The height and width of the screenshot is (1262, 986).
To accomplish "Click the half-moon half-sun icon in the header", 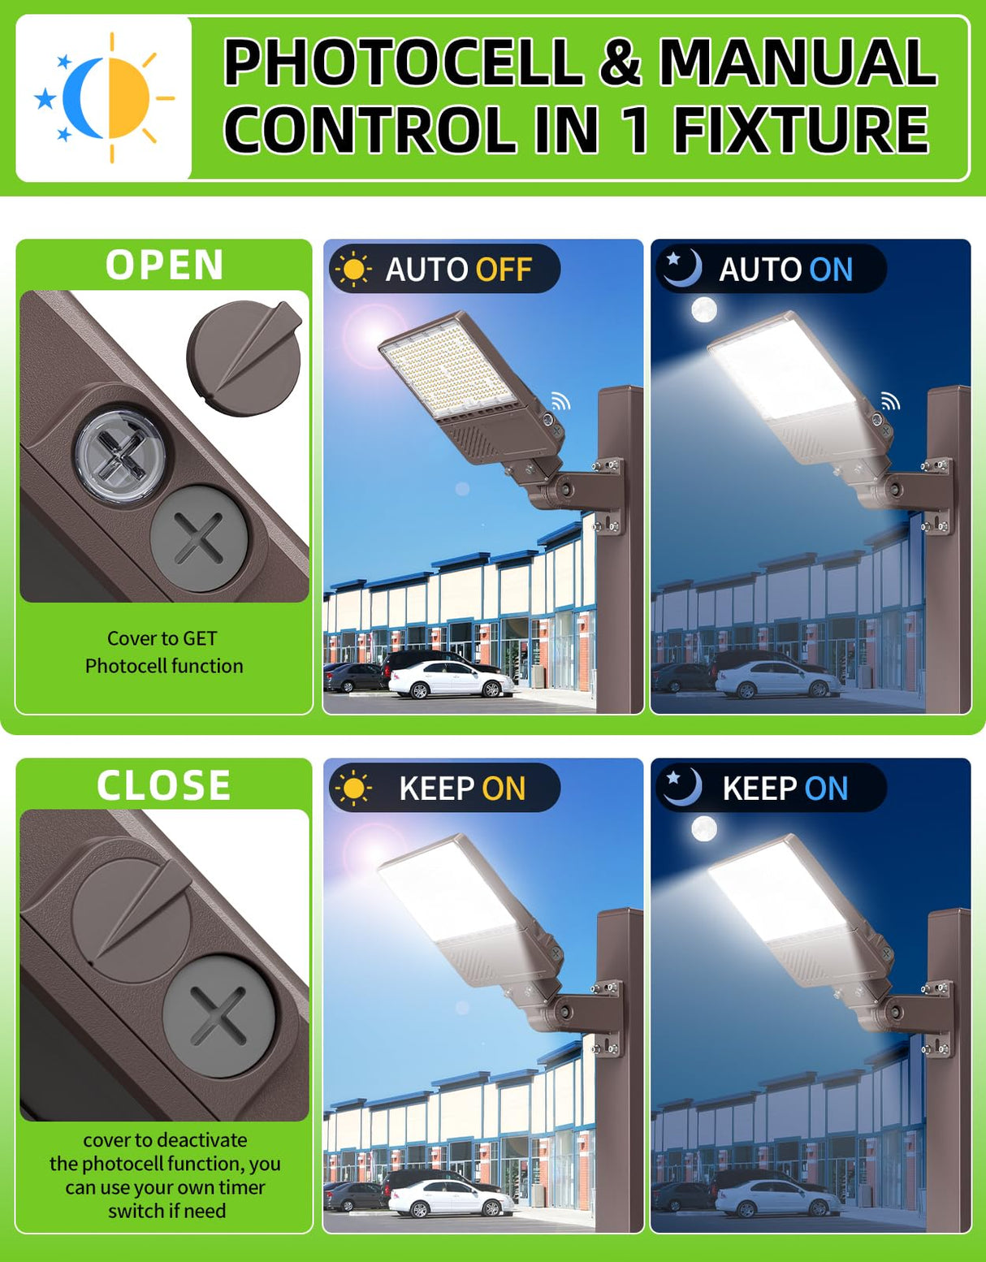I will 104,97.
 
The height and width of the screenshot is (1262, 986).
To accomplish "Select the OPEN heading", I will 164,266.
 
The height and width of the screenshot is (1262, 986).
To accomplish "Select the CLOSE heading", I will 164,785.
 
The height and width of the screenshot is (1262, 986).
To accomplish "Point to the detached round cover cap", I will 244,357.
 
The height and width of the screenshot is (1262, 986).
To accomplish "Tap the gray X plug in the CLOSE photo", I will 218,1016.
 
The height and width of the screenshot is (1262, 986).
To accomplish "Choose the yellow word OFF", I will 504,270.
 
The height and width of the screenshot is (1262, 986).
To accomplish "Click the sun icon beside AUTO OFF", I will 353,270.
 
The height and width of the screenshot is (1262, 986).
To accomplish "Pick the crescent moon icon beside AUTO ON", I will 681,268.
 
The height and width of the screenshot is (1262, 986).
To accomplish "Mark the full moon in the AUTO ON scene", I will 703,309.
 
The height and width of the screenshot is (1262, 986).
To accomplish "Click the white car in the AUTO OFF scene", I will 450,681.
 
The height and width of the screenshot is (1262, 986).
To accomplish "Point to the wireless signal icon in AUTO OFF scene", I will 560,400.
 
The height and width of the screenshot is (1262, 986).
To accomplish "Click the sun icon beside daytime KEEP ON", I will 353,789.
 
